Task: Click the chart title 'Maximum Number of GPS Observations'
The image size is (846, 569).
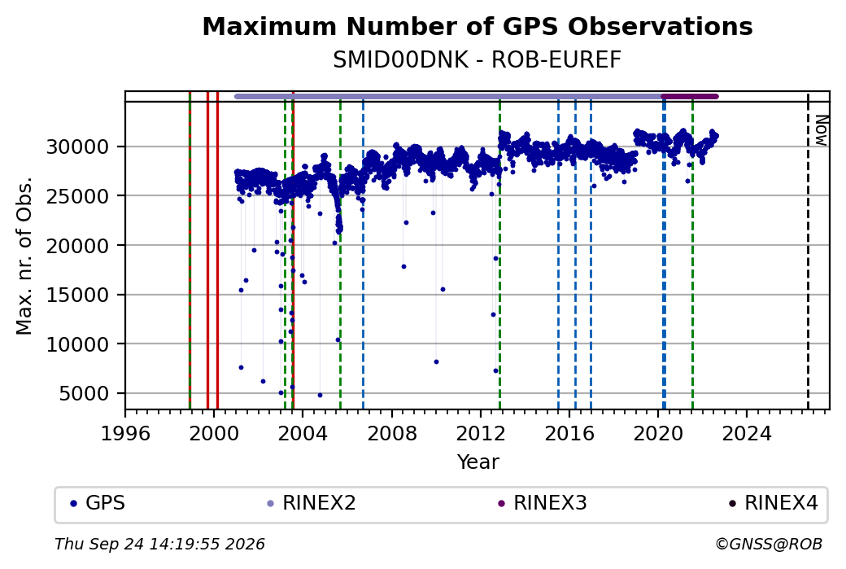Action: click(x=477, y=26)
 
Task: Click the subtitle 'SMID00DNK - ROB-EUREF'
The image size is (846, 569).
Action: click(x=477, y=60)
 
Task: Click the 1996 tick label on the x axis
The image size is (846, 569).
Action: click(x=125, y=433)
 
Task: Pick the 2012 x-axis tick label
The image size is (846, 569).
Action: click(x=481, y=433)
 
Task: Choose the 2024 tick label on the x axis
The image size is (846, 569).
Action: click(x=747, y=433)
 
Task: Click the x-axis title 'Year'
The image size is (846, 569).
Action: click(x=478, y=462)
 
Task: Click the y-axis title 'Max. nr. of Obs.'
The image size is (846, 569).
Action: click(x=24, y=256)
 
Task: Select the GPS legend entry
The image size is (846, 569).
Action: click(x=98, y=503)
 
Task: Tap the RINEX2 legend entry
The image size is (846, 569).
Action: click(x=312, y=503)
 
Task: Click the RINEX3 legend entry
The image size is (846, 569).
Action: click(x=543, y=503)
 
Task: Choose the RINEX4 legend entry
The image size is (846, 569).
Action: click(x=774, y=503)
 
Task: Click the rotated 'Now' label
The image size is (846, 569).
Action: click(x=821, y=130)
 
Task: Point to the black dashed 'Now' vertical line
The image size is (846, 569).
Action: click(x=808, y=252)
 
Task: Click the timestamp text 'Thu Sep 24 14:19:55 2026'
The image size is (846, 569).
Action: click(x=159, y=544)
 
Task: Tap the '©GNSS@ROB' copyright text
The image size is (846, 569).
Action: click(x=769, y=544)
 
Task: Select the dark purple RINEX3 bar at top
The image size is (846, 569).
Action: click(x=690, y=97)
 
